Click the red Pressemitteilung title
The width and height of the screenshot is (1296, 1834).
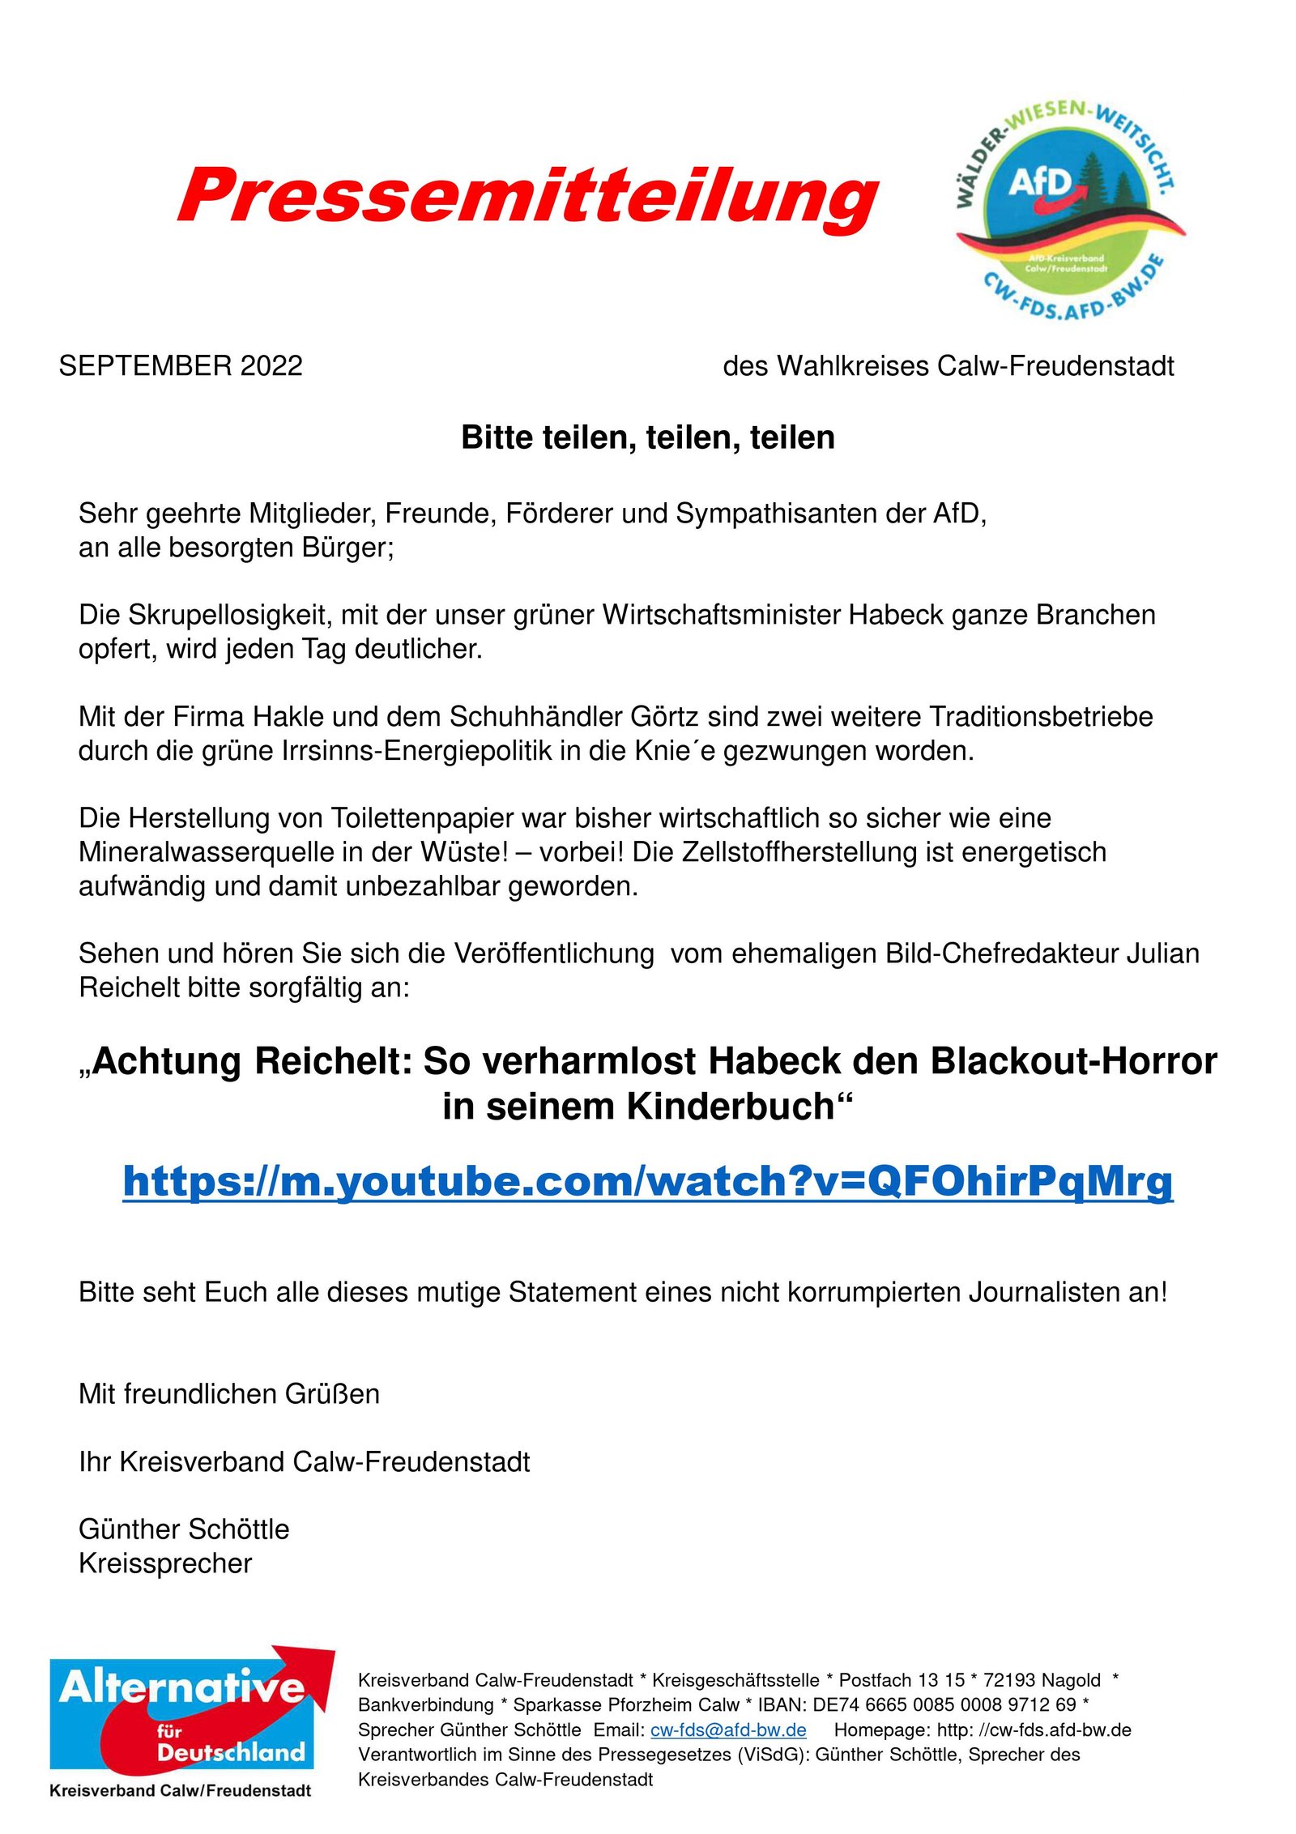click(528, 197)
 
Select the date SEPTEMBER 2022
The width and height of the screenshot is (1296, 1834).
click(181, 366)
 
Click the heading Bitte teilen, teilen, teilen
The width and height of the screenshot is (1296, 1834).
click(647, 437)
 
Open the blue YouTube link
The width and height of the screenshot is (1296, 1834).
click(647, 1181)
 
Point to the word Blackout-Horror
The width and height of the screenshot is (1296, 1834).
click(1073, 1061)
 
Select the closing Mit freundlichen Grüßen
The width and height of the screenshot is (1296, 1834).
click(229, 1393)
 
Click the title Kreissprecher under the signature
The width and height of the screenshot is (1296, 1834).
click(165, 1563)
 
